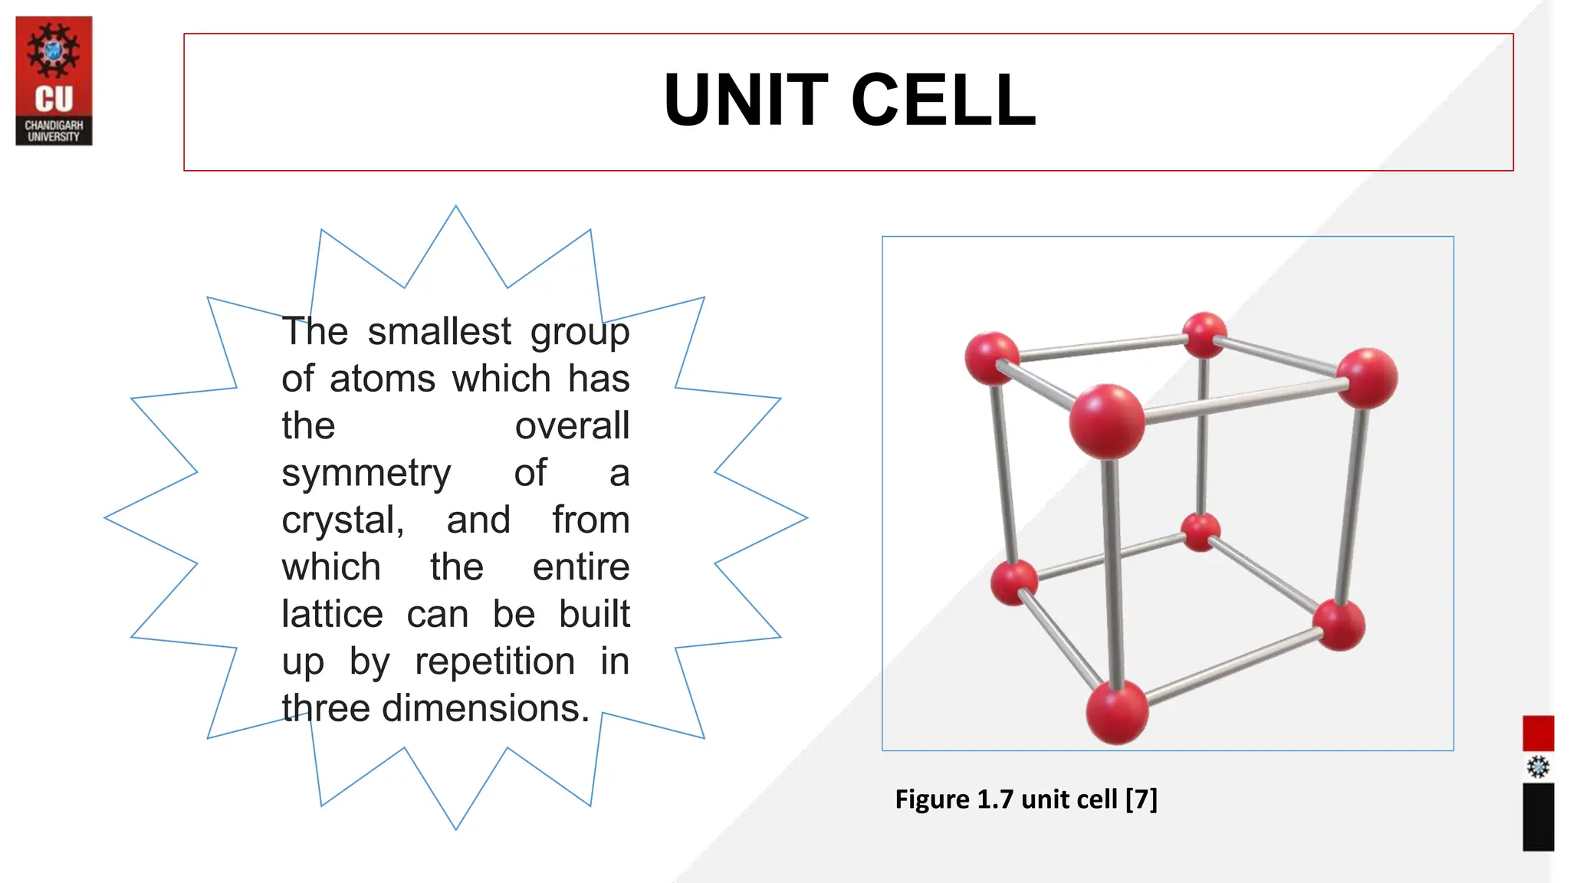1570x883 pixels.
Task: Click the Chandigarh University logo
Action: [54, 80]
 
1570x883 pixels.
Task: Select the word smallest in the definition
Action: [438, 332]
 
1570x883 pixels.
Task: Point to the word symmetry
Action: [366, 474]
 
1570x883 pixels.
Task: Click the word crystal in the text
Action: [342, 520]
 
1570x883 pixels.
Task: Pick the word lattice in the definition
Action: [332, 615]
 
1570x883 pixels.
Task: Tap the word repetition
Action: [494, 661]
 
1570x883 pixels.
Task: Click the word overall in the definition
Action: [572, 426]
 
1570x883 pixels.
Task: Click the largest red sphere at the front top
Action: [1106, 422]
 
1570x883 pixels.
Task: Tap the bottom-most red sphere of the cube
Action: [1117, 712]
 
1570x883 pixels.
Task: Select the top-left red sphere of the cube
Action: [992, 358]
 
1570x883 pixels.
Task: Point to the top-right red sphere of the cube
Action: [1366, 378]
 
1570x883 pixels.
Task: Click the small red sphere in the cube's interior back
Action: [1200, 532]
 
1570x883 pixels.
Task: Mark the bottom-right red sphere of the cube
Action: [1338, 625]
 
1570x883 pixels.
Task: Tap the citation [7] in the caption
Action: [1141, 799]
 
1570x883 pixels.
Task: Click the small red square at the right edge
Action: [1538, 734]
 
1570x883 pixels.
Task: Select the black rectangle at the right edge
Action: [1538, 817]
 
